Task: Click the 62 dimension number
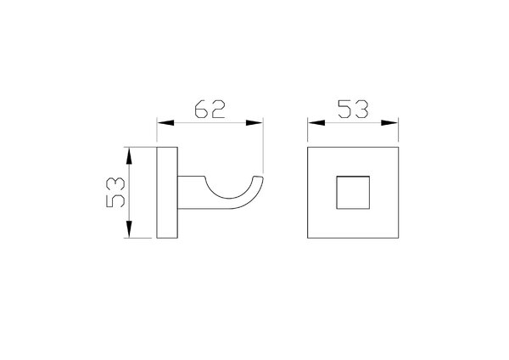210,110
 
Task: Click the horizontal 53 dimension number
353,110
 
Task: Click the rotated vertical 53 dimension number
115,193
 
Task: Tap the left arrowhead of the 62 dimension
165,123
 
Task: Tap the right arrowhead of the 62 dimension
255,123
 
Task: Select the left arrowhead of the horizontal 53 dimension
316,123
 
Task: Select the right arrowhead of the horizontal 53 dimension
389,123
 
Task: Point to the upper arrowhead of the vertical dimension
129,155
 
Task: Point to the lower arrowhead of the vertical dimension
129,229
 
